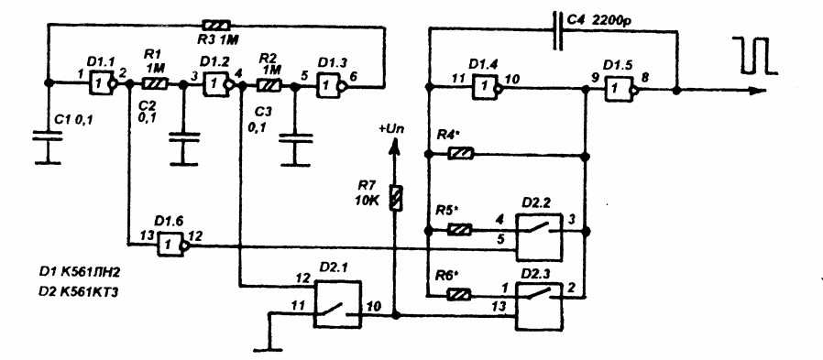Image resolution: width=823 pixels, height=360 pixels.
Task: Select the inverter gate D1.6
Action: tap(171, 244)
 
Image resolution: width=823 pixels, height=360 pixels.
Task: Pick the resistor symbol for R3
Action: tap(216, 25)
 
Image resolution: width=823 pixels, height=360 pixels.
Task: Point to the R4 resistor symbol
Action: tap(461, 154)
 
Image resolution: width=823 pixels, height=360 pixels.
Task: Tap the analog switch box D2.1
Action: tap(337, 304)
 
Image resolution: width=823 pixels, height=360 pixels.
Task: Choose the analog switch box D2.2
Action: tap(539, 237)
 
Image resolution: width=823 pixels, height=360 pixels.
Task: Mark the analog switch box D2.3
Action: tap(539, 307)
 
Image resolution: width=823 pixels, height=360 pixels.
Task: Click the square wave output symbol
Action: tap(755, 55)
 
